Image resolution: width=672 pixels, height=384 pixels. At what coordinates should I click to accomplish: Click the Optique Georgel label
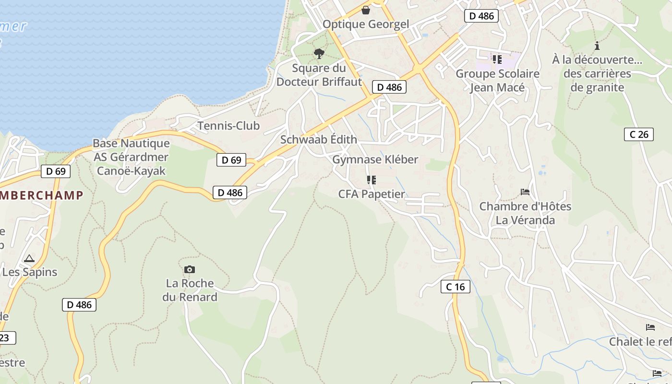point(366,24)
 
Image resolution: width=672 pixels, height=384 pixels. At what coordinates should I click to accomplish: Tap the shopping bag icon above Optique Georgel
point(366,10)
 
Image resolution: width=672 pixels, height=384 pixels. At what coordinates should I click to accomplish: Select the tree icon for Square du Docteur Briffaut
point(319,53)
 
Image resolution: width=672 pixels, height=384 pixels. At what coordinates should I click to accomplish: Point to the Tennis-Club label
point(228,126)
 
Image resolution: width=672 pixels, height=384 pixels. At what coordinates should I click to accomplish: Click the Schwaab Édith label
point(319,140)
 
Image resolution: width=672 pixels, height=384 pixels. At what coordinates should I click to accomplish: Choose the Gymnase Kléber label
point(375,159)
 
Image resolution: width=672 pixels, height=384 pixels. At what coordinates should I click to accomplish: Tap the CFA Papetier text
point(372,194)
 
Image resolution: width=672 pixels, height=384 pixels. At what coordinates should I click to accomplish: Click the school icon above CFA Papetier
point(371,180)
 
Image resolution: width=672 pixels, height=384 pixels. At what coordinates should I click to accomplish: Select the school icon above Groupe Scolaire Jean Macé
point(497,60)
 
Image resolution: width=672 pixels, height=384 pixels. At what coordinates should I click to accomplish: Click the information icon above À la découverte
point(597,46)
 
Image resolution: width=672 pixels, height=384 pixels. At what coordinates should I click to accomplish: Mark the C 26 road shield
point(639,134)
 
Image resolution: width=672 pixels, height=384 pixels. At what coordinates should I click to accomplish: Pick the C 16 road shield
point(455,287)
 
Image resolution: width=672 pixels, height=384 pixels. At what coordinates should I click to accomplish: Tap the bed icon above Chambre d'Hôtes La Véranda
point(525,192)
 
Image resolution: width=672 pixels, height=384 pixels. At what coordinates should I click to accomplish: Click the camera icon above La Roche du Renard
point(190,269)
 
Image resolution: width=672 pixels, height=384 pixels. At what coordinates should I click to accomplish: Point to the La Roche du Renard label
point(190,290)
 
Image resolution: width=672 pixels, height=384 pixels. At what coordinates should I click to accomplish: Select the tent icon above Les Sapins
point(29,258)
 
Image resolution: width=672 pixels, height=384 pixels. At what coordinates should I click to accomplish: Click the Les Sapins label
point(30,272)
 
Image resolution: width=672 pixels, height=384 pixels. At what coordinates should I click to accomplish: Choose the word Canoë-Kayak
point(131,171)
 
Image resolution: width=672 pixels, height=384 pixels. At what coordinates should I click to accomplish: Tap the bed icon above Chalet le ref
point(650,327)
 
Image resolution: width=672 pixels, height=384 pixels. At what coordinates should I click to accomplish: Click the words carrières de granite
point(597,81)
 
